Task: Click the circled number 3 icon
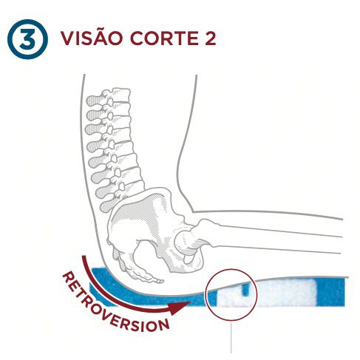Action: click(x=27, y=39)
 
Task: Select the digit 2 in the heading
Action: click(x=210, y=38)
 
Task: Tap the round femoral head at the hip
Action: click(x=184, y=241)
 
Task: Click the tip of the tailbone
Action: click(x=161, y=281)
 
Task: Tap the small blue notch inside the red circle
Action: click(x=245, y=289)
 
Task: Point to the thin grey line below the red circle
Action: click(x=231, y=336)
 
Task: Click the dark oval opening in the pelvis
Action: click(x=149, y=254)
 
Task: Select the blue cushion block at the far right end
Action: click(x=331, y=292)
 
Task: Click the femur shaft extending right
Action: click(x=271, y=237)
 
